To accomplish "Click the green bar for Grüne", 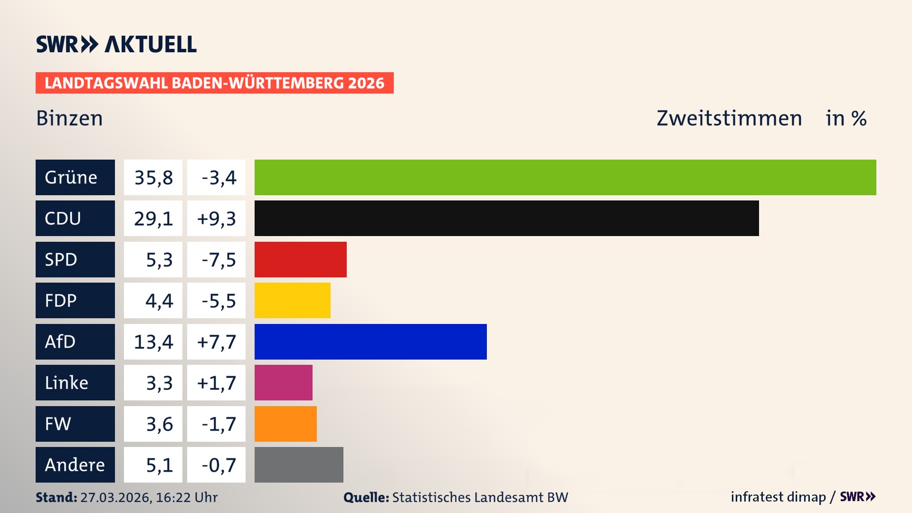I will (x=565, y=177).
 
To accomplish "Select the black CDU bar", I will (x=506, y=218).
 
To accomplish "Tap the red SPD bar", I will (x=300, y=259).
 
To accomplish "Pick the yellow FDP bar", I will (x=292, y=300).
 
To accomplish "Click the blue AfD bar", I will (x=370, y=342).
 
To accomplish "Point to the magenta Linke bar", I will (x=283, y=382).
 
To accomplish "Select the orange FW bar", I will (x=285, y=424).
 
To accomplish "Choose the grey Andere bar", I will (x=299, y=465).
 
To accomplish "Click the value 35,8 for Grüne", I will (x=153, y=178).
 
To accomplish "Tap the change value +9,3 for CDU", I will (x=217, y=218).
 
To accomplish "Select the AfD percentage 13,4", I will (x=153, y=342).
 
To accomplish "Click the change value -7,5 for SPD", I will (x=218, y=260).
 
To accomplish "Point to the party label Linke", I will (x=66, y=383).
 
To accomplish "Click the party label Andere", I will (x=75, y=465).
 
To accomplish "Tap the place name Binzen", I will (x=69, y=118).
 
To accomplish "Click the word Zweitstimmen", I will (x=729, y=118).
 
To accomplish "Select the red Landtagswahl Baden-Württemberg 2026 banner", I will (x=214, y=83).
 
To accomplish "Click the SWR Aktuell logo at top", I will (x=116, y=44).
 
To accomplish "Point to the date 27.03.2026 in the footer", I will (x=115, y=497).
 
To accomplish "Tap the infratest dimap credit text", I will (x=778, y=497).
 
